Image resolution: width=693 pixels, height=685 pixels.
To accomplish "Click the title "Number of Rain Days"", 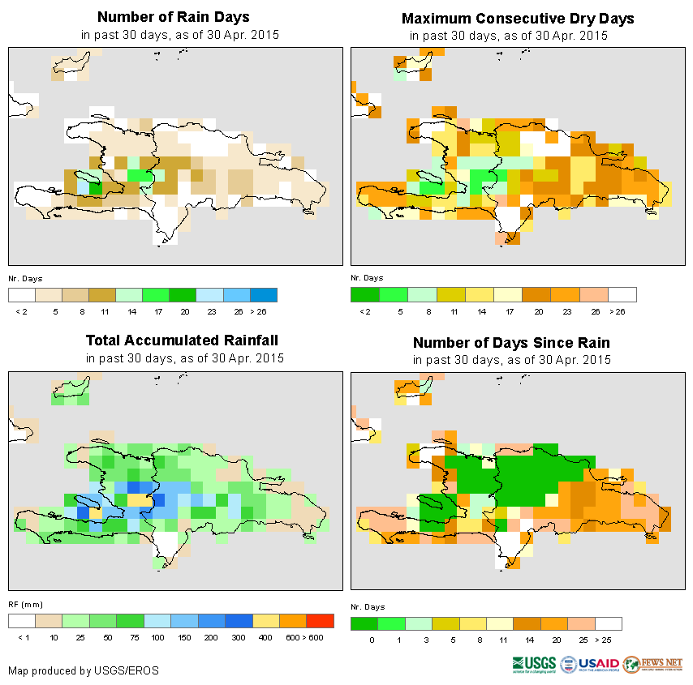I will pyautogui.click(x=174, y=17).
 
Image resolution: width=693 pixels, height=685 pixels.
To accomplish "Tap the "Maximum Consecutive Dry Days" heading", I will pyautogui.click(x=518, y=18).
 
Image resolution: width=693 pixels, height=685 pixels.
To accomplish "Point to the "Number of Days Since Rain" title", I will pyautogui.click(x=511, y=342).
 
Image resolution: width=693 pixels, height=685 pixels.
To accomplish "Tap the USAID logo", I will pyautogui.click(x=590, y=664).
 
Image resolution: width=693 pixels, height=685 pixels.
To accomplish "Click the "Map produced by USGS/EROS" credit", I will pyautogui.click(x=84, y=670).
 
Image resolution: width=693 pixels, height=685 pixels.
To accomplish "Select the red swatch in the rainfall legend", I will pyautogui.click(x=320, y=621).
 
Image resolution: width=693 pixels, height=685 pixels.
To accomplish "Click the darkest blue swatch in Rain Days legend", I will pyautogui.click(x=264, y=294).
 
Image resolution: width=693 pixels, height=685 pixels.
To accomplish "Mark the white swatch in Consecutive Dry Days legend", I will pyautogui.click(x=622, y=294).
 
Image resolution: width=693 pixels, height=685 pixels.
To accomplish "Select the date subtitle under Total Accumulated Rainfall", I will pyautogui.click(x=185, y=358).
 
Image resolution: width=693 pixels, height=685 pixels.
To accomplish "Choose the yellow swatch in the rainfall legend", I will pyautogui.click(x=265, y=621).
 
